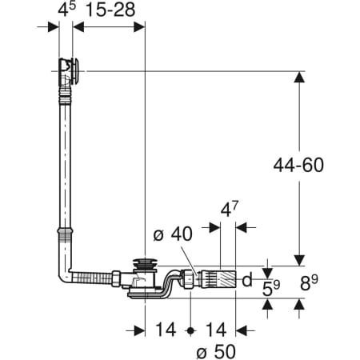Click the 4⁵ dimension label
[x=65, y=10]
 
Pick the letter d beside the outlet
[x=247, y=280]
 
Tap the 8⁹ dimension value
[x=313, y=282]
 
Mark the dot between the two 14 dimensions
[x=190, y=330]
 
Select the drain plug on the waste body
[x=144, y=265]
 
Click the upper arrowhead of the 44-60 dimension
[x=298, y=78]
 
